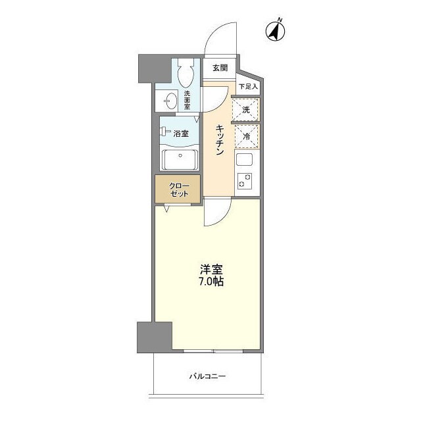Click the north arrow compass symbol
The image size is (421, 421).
[x=275, y=30]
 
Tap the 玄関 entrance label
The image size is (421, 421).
[x=220, y=68]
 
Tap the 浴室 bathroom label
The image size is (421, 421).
[x=182, y=132]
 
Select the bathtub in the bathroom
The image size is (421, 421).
[x=180, y=161]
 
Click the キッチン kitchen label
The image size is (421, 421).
[x=220, y=139]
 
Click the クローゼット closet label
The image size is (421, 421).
[x=178, y=189]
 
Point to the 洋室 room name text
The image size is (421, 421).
[x=211, y=269]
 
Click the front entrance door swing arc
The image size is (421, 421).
[x=220, y=39]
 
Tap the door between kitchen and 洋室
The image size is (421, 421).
[x=216, y=214]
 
